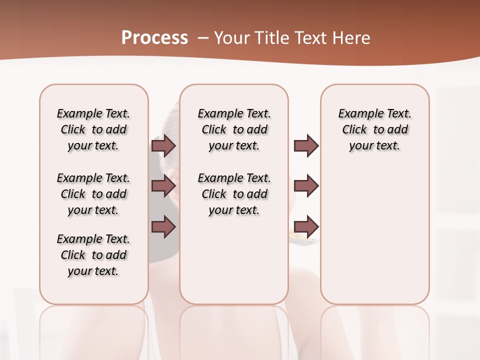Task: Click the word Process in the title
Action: (154, 37)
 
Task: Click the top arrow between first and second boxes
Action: (163, 146)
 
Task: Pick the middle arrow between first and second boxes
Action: (163, 186)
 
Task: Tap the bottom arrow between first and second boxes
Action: (163, 226)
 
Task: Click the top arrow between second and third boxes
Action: (306, 146)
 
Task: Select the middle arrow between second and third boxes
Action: (306, 186)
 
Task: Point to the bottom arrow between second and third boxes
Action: (306, 226)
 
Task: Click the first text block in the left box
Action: (93, 129)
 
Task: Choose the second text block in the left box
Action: (93, 194)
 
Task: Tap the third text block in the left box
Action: (93, 255)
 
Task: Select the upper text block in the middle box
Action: (234, 129)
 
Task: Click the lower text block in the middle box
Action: (234, 194)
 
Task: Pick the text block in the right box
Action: (375, 129)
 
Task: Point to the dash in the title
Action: (203, 38)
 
